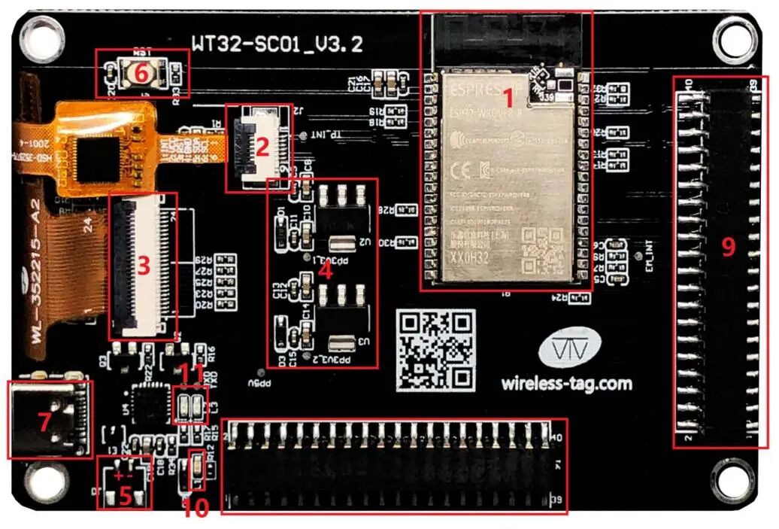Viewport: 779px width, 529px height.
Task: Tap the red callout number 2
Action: (x=262, y=147)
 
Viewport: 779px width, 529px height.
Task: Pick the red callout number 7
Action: (x=44, y=422)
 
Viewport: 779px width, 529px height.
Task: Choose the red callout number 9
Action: (x=727, y=246)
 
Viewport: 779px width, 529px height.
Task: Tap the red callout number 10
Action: (x=195, y=509)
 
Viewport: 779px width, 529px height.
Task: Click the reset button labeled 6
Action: (x=140, y=72)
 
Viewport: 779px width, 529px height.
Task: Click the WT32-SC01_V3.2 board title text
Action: (x=277, y=43)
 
